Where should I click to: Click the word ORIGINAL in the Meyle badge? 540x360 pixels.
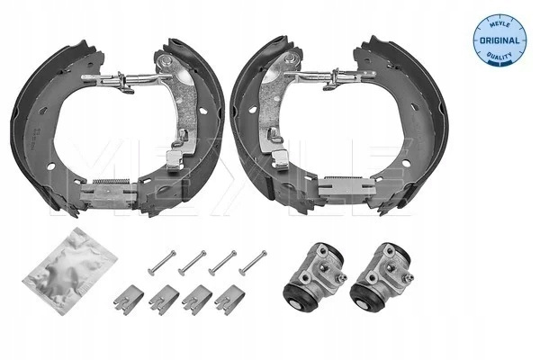click(x=499, y=40)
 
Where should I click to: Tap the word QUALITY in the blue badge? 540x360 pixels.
click(x=499, y=55)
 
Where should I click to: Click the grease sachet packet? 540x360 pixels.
click(x=70, y=270)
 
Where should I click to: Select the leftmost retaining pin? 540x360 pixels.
click(x=162, y=263)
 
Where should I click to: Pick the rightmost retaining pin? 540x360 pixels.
click(x=253, y=263)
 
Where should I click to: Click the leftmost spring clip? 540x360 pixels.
click(x=128, y=300)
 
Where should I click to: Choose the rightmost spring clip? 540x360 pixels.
click(x=230, y=300)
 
